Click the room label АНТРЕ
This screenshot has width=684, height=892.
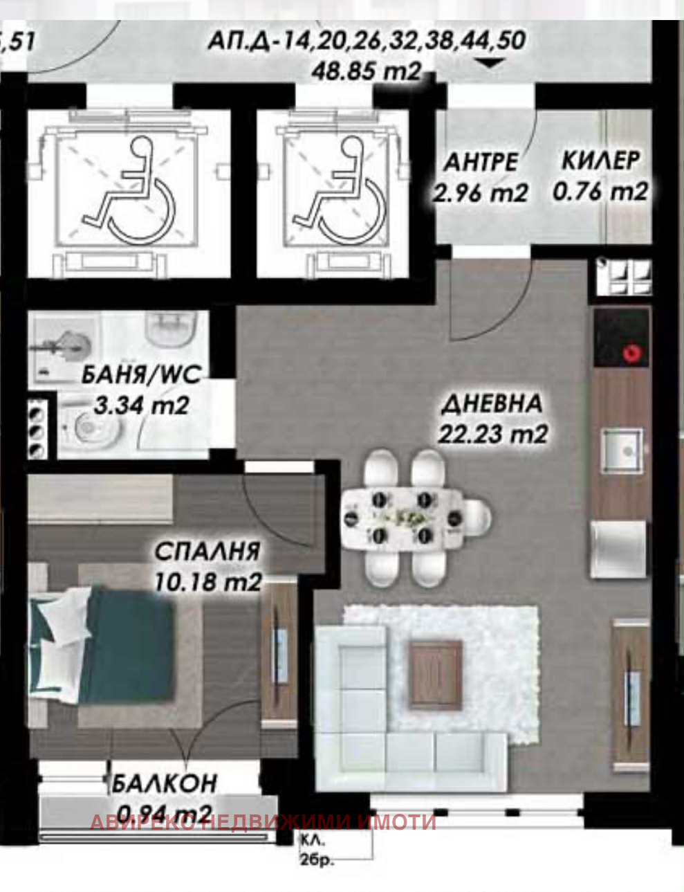[480, 162]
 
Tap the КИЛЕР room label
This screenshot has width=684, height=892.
[600, 161]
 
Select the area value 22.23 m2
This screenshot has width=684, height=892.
[492, 434]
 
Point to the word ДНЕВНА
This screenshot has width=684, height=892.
[492, 403]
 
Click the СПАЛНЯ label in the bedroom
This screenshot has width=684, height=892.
[207, 552]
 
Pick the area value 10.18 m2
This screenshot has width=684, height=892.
[207, 581]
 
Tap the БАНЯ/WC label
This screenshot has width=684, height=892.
[141, 375]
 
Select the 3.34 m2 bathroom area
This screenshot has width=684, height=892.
[141, 405]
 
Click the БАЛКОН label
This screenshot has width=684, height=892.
[165, 783]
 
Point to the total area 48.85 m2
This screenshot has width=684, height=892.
[367, 71]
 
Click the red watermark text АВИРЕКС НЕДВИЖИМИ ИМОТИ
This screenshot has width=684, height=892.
[263, 822]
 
